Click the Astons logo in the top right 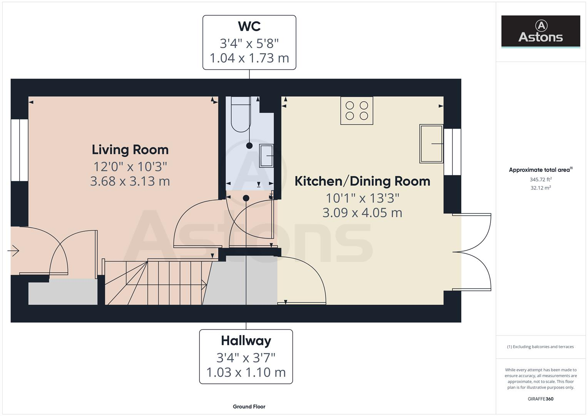[540, 31]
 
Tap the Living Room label [130, 149]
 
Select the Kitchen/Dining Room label [362, 181]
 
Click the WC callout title [249, 26]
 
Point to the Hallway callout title [246, 341]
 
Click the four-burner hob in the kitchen [357, 111]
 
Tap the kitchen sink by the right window [431, 144]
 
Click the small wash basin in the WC [266, 156]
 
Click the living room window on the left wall [19, 150]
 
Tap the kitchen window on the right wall [452, 152]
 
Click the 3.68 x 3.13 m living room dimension [130, 181]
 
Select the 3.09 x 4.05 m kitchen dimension [362, 213]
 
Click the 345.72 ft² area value [540, 179]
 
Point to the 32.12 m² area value [540, 188]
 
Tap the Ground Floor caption [249, 406]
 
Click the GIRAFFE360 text [540, 399]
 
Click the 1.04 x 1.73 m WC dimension [249, 58]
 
